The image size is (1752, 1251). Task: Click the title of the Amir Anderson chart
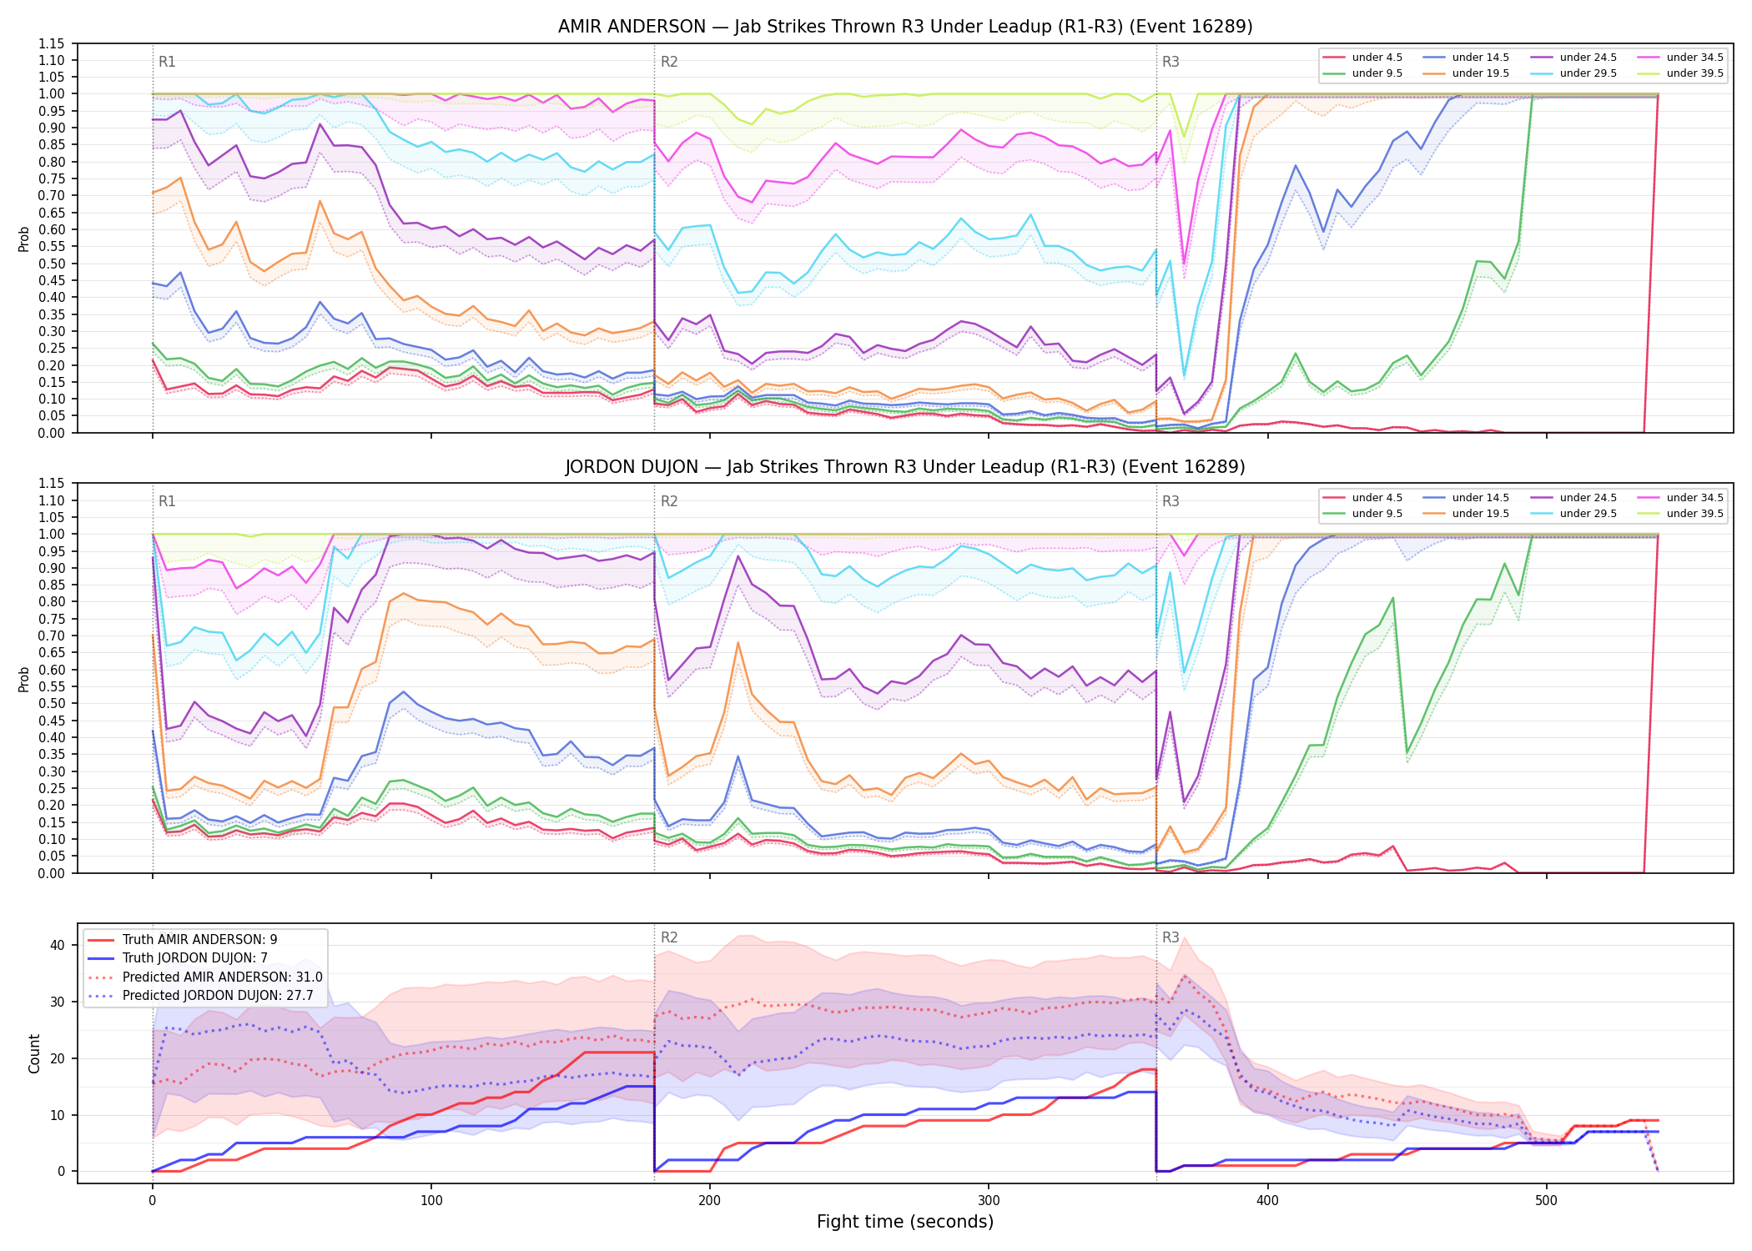point(905,27)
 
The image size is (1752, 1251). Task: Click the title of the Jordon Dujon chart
point(905,467)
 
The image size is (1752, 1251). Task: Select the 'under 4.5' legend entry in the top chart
point(1363,58)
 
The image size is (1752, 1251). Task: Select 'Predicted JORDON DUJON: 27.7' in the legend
point(205,996)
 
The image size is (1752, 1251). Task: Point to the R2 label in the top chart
point(669,62)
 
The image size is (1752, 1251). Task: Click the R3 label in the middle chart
point(1171,501)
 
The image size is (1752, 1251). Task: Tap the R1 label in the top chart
point(167,62)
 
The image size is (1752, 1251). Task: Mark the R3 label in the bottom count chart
point(1171,937)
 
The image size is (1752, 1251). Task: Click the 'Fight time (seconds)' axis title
point(905,1222)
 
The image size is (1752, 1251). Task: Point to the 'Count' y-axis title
point(34,1053)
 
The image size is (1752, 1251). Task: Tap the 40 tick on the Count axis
point(58,945)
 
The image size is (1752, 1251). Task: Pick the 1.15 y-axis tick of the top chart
point(50,43)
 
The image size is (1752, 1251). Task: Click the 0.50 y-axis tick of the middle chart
point(50,703)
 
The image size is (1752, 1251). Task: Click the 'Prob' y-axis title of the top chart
point(24,239)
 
